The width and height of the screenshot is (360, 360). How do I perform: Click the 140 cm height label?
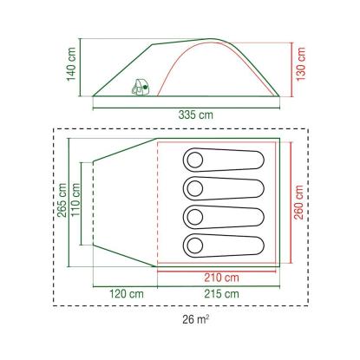pos(71,64)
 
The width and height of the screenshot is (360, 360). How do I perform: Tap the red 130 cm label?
pos(301,64)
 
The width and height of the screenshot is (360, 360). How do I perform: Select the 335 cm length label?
pos(196,115)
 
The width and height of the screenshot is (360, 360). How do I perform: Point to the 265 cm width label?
pos(62,200)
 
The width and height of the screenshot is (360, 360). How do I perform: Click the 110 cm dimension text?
pos(75,200)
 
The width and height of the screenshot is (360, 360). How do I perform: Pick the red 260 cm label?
pos(299,202)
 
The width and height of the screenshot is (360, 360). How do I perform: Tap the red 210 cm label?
pos(222,278)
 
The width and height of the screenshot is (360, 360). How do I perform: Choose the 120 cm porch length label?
pos(127,294)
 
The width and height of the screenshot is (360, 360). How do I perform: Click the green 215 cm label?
pos(222,294)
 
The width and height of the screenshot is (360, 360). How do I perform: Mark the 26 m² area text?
pos(196,319)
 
